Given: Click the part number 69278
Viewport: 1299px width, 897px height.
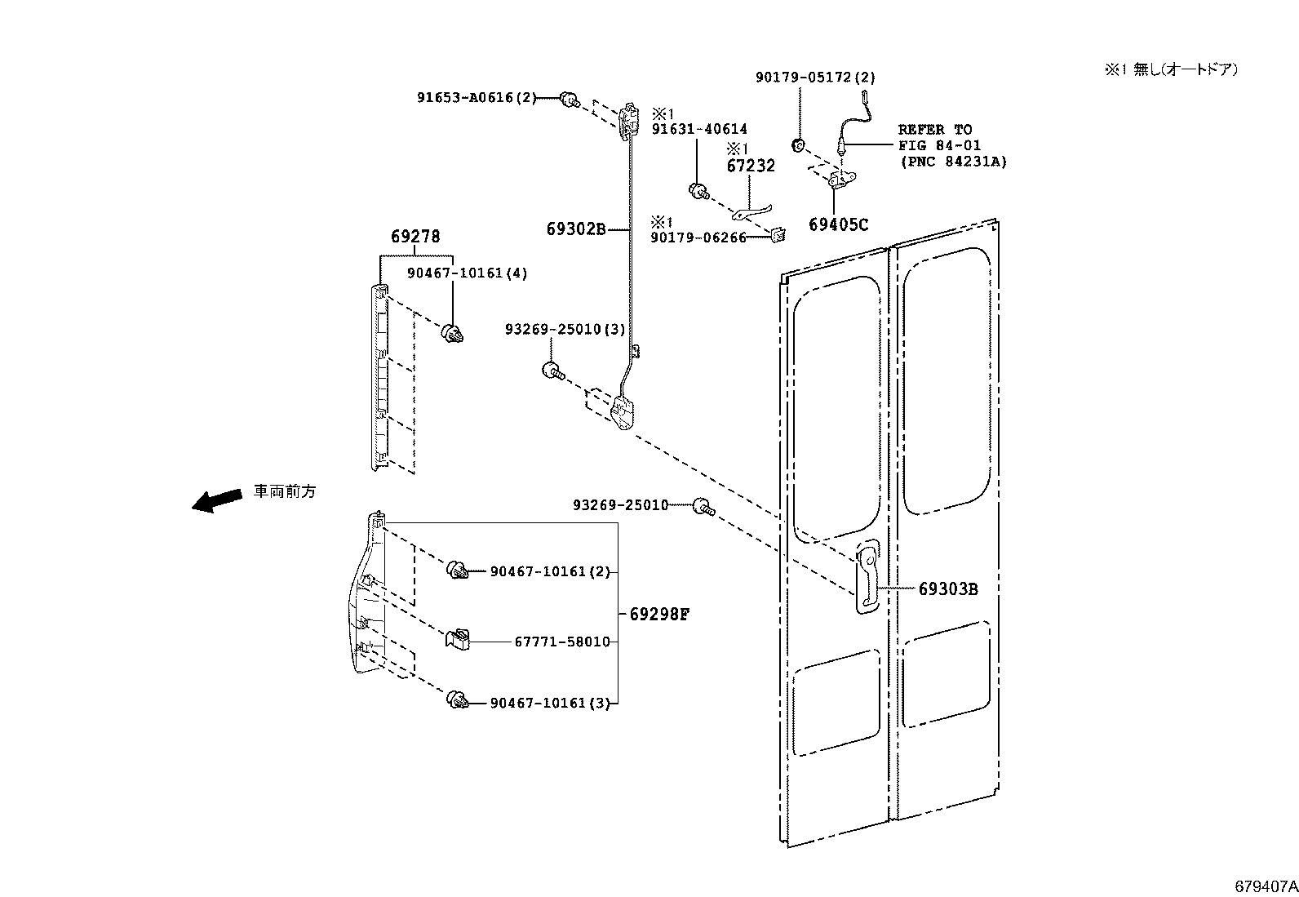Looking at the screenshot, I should point(415,237).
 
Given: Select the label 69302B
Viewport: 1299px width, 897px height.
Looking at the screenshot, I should point(575,229).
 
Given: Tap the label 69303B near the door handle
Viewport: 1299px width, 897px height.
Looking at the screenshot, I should point(947,588).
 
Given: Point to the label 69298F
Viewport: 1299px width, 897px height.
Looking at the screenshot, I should point(659,614).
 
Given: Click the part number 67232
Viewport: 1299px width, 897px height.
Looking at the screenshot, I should point(751,166).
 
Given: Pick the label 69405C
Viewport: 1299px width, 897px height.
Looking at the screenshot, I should point(838,224).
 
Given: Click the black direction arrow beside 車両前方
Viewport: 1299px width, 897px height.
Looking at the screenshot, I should point(217,500).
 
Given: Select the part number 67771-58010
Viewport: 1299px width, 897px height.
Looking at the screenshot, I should point(561,642).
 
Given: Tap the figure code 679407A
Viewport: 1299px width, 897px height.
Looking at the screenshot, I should point(1265,886).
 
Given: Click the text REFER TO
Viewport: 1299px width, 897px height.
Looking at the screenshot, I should point(935,130).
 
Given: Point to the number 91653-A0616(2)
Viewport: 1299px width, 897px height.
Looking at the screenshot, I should point(477,98).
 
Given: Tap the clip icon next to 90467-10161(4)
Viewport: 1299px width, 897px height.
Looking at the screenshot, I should point(452,332).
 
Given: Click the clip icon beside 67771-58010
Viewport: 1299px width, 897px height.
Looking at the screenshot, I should point(459,639).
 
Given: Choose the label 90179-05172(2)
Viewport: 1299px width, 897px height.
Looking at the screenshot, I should point(814,78).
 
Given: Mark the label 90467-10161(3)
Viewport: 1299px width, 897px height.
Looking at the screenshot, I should point(549,703).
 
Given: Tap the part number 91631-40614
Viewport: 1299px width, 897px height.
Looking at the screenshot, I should point(698,130).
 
